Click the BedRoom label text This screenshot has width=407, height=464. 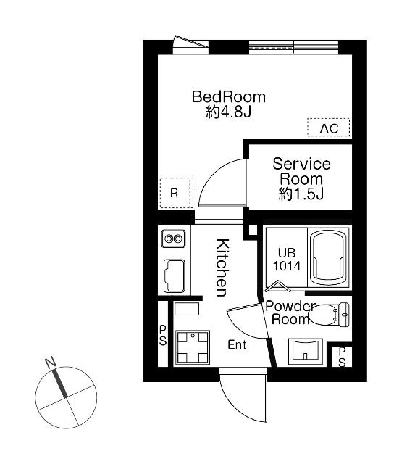click(229, 97)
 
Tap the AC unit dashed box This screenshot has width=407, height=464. click(328, 128)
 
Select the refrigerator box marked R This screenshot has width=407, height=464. click(177, 193)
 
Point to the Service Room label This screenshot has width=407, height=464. click(301, 172)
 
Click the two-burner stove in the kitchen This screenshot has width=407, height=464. click(174, 239)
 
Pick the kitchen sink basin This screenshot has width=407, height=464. click(174, 276)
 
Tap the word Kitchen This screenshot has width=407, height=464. click(222, 268)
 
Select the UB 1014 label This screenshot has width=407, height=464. click(286, 260)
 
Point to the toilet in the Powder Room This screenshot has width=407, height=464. click(328, 314)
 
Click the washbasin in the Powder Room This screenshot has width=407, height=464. click(306, 352)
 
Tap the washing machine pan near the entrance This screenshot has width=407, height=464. click(193, 347)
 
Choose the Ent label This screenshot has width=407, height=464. click(237, 344)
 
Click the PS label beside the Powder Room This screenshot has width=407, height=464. click(342, 357)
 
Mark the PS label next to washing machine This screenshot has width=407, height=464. click(163, 335)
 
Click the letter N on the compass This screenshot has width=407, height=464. click(51, 362)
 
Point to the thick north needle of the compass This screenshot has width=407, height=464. click(60, 384)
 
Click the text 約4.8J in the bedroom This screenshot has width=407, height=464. click(228, 112)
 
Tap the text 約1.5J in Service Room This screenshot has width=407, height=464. click(301, 194)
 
